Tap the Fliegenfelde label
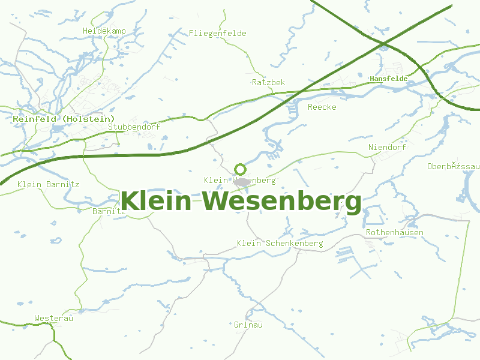(x=217, y=34)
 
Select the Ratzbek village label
(x=268, y=82)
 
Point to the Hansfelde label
(x=388, y=79)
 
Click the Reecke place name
(x=322, y=107)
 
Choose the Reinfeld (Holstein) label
(x=64, y=119)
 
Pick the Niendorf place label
(x=387, y=148)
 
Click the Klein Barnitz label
(x=49, y=185)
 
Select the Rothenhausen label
(x=394, y=233)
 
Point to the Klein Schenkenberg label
(x=280, y=244)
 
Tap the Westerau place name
(x=53, y=319)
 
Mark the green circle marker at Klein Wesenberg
(x=240, y=169)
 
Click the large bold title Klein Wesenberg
(x=241, y=201)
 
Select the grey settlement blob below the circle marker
(x=241, y=181)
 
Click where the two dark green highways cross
(x=383, y=43)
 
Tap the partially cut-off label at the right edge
(x=454, y=166)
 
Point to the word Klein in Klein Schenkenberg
(x=249, y=244)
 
